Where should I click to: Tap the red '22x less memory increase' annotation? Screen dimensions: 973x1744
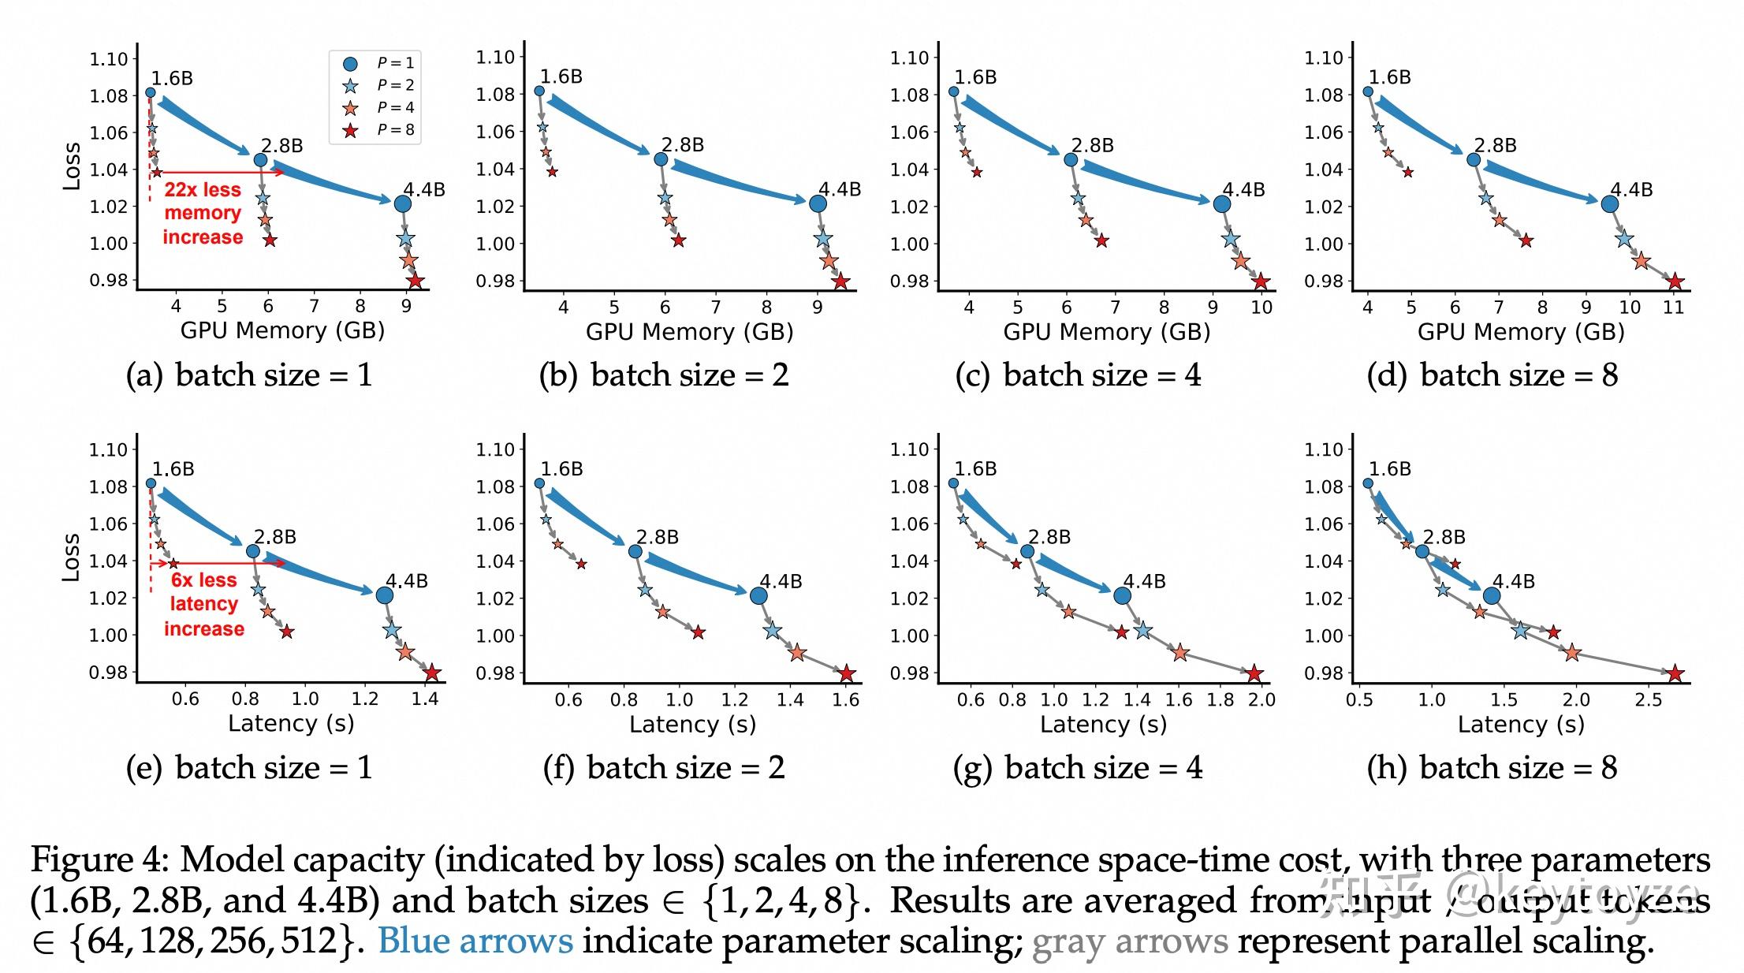[203, 213]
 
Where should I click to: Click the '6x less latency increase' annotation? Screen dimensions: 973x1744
[203, 604]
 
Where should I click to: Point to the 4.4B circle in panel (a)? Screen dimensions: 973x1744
[402, 203]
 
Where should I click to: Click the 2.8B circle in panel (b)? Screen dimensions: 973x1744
[661, 159]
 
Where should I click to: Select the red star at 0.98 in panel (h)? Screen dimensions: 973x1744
[1675, 673]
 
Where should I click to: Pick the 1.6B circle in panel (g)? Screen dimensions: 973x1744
[953, 483]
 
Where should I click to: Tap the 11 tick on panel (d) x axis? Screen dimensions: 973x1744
[1673, 308]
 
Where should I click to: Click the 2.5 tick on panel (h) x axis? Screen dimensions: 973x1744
[1648, 699]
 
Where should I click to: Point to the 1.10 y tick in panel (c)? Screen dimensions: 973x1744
[909, 58]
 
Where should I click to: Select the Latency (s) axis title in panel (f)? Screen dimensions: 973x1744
[691, 724]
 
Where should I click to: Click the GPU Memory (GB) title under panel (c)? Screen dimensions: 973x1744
[1106, 331]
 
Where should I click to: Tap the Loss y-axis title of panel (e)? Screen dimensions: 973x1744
[71, 557]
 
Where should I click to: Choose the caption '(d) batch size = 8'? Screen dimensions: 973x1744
[1492, 375]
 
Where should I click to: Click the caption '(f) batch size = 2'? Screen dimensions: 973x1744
[664, 767]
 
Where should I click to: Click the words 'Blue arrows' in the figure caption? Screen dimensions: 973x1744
[475, 941]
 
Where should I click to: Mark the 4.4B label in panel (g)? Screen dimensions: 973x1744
[1144, 582]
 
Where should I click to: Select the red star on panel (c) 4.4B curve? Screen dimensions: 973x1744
[1261, 281]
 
